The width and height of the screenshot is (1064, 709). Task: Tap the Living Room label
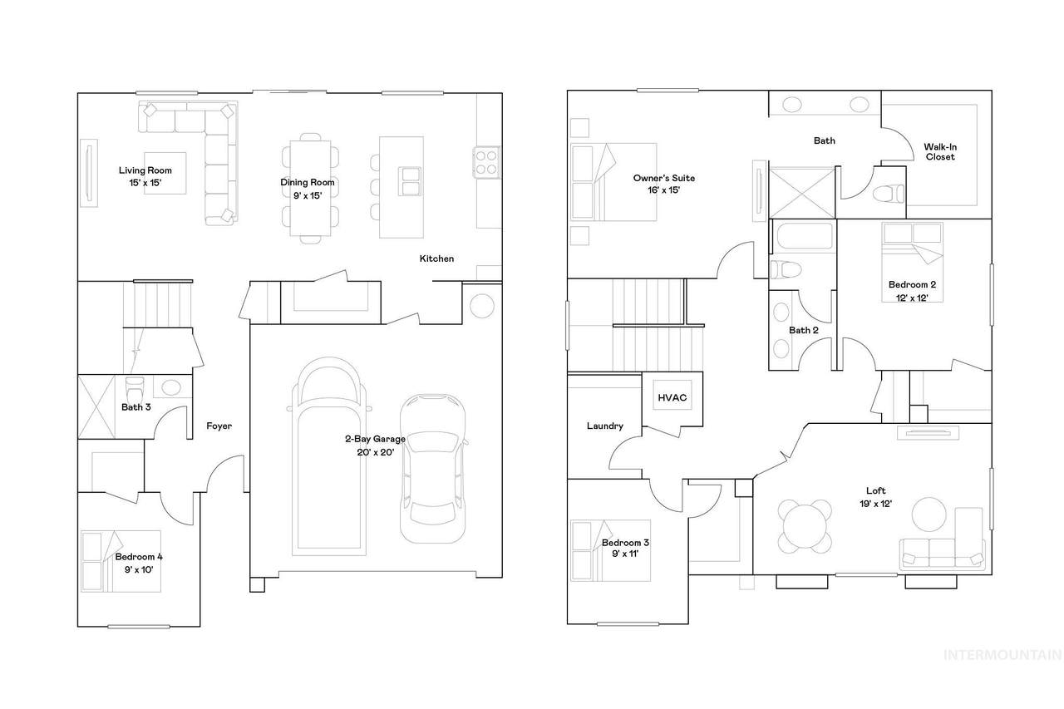[145, 170]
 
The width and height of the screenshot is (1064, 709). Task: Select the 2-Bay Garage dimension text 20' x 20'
[375, 452]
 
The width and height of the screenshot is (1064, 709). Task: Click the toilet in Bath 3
[135, 389]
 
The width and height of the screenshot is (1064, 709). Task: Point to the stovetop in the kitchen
[486, 162]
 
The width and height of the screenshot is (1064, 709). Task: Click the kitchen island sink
[410, 181]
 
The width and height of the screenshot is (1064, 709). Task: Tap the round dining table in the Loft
[805, 526]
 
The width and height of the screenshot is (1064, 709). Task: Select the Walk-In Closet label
[940, 152]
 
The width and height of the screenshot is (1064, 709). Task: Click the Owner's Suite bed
[613, 182]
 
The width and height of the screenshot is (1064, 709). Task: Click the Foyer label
[219, 426]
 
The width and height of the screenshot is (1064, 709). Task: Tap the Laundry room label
[604, 426]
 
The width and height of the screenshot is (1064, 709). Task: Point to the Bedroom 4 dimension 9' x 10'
[139, 570]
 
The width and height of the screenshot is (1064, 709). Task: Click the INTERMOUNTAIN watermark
[1002, 655]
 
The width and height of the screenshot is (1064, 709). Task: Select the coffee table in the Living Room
[165, 173]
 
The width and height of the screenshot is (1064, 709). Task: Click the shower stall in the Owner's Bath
[802, 193]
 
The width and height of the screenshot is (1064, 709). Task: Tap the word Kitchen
[436, 258]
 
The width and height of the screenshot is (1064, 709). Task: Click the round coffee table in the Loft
[929, 515]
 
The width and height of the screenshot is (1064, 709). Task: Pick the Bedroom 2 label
[912, 285]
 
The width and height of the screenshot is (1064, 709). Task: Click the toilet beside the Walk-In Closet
[889, 194]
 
